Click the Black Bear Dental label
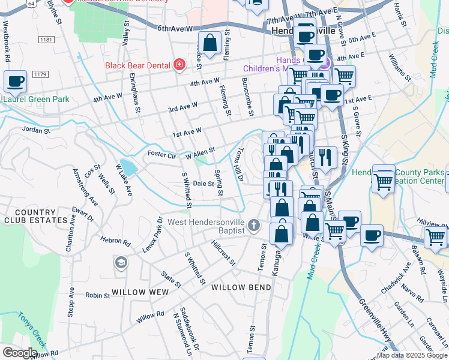[137, 65]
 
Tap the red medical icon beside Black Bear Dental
[179, 65]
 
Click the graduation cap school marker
[121, 263]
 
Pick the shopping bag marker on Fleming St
[209, 43]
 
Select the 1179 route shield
[40, 74]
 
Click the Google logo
[20, 353]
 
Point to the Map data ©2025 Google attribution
[411, 355]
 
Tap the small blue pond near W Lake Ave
[127, 166]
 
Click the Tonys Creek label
[31, 331]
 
